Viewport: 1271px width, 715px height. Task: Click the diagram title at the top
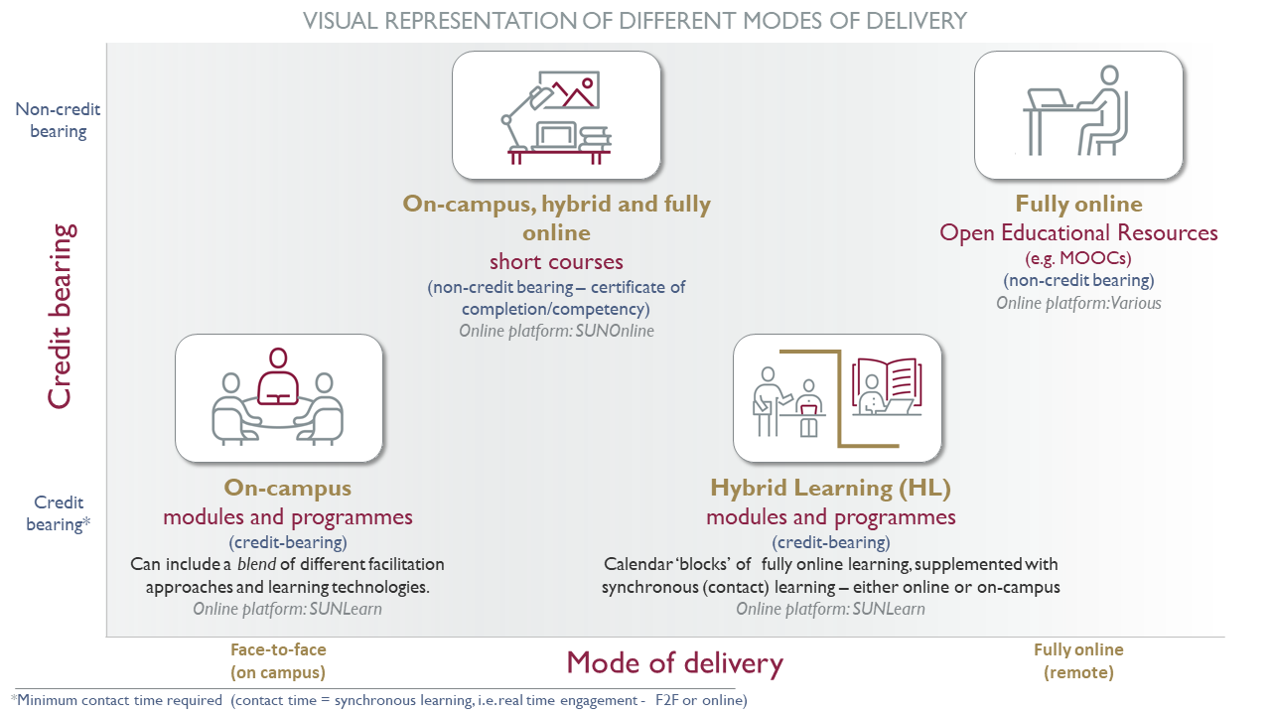click(x=635, y=21)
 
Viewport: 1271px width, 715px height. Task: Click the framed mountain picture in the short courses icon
click(x=569, y=89)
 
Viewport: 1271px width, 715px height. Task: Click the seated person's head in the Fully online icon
click(x=1109, y=75)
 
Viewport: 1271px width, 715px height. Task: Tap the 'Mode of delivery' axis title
click(x=674, y=662)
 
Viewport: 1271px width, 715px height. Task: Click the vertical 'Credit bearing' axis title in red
click(x=60, y=316)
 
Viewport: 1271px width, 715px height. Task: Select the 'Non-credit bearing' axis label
click(x=58, y=120)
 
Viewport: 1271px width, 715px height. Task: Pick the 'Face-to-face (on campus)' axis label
click(x=278, y=661)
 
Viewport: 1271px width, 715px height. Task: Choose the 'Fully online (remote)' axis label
click(x=1078, y=661)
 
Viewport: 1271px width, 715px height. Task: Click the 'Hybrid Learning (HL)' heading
click(x=831, y=488)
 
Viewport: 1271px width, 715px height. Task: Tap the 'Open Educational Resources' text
click(x=1078, y=232)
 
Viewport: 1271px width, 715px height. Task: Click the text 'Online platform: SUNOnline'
click(x=557, y=331)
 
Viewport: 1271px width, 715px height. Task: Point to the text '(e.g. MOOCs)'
click(x=1078, y=258)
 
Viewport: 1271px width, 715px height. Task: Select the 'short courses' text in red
click(x=557, y=261)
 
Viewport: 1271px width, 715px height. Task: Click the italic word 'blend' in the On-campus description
click(x=256, y=564)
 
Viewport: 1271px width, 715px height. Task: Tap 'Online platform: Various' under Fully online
click(x=1078, y=303)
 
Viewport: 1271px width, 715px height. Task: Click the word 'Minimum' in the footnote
click(x=47, y=700)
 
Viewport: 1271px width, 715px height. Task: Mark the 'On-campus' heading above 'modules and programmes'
click(x=288, y=488)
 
